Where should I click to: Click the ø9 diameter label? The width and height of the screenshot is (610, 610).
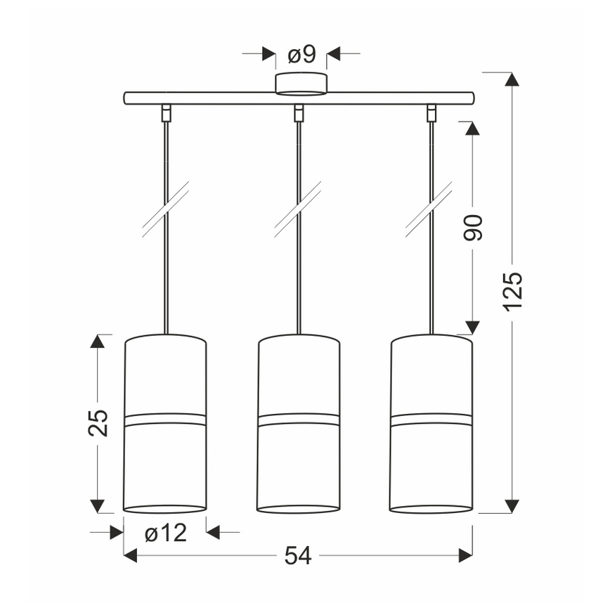click(301, 55)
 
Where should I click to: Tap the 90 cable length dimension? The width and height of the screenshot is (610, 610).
click(473, 228)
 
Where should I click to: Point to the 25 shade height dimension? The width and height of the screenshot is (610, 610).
click(98, 423)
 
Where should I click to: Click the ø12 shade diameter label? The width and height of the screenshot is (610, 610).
click(166, 533)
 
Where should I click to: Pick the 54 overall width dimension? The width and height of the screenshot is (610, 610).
click(298, 555)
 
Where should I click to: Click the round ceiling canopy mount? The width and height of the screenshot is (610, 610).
click(301, 83)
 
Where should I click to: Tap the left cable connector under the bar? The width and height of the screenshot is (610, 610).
click(166, 113)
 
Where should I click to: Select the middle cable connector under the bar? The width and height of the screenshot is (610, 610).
click(299, 113)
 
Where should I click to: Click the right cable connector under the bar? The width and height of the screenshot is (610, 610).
click(431, 113)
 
